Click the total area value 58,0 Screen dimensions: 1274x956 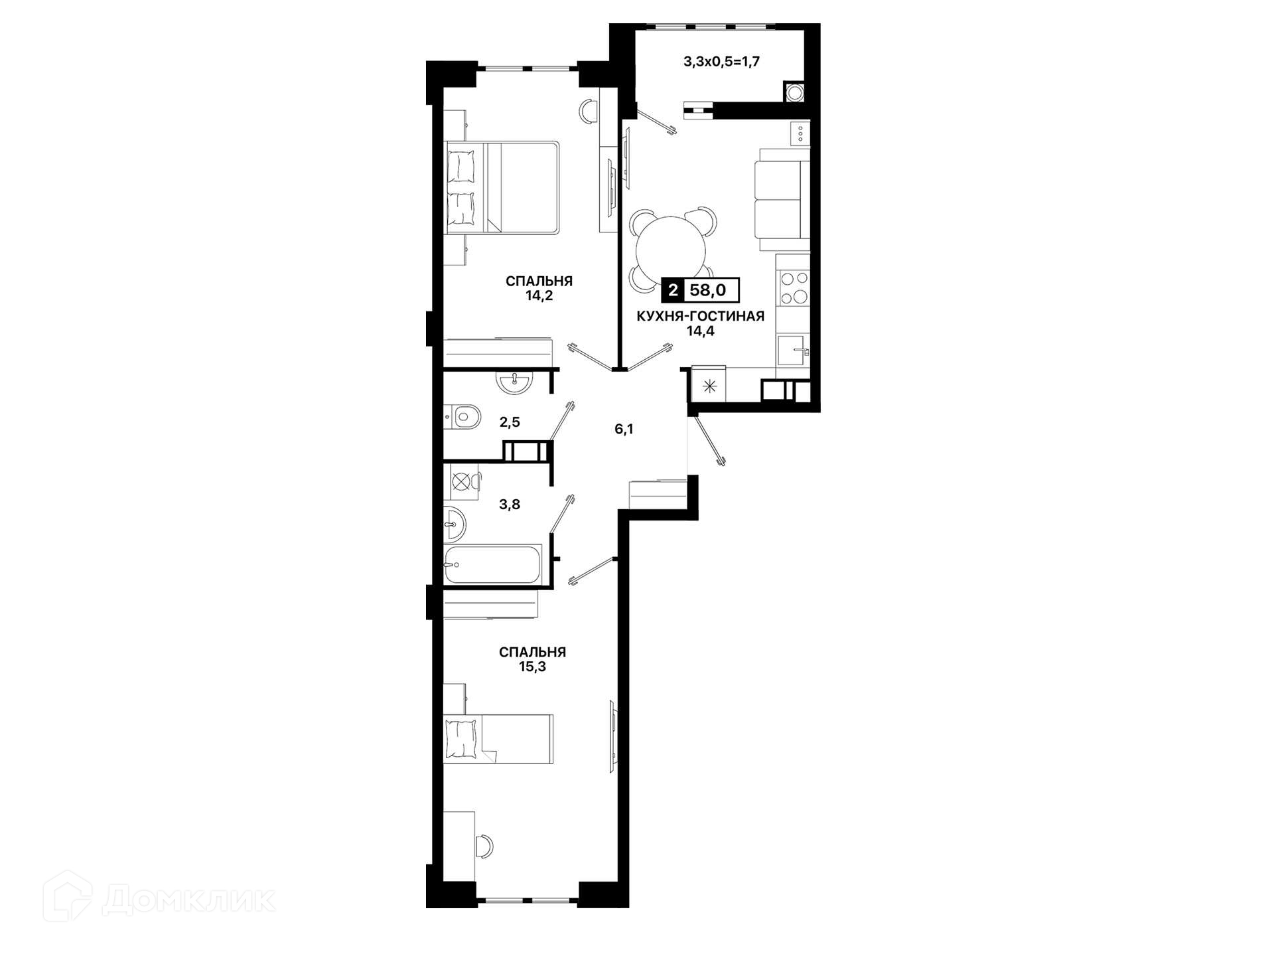(x=707, y=290)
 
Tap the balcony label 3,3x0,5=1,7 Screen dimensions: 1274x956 (x=721, y=62)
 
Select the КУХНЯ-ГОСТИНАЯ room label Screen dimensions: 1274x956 (x=700, y=316)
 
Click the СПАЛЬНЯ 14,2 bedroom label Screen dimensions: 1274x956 (x=539, y=288)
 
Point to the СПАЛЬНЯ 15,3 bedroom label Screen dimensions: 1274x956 (x=532, y=659)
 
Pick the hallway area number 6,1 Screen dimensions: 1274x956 (x=624, y=429)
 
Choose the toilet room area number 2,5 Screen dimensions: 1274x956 (x=510, y=422)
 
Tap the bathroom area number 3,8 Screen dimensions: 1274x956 (x=510, y=505)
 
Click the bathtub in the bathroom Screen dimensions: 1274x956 (x=493, y=565)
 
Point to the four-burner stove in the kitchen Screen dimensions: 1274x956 (x=794, y=287)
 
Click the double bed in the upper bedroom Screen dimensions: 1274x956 (x=502, y=187)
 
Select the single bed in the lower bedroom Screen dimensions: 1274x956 (x=498, y=739)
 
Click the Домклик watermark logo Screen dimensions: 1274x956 (x=159, y=898)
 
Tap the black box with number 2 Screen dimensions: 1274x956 (x=673, y=290)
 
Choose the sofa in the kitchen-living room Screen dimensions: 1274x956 (x=782, y=194)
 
